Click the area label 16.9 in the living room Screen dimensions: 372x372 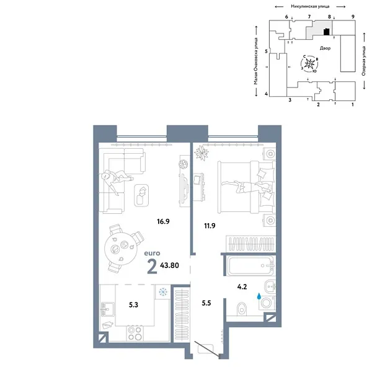[162, 219]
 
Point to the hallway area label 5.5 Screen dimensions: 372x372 [207, 303]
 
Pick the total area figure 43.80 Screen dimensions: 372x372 [170, 265]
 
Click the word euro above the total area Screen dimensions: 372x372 [153, 253]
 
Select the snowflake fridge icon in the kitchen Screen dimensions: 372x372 [162, 291]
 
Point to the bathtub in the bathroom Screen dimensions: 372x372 [248, 268]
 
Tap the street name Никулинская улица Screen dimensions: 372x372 [314, 5]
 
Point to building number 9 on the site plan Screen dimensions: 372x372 [352, 16]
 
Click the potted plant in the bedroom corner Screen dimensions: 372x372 [203, 151]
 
